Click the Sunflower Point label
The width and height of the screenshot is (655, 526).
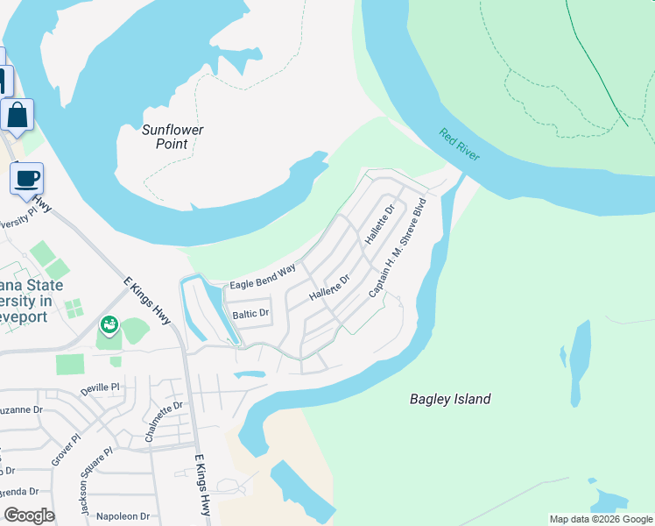173,137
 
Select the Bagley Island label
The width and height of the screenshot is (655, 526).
450,399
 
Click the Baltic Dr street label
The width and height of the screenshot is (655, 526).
250,313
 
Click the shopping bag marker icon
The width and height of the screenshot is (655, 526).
18,115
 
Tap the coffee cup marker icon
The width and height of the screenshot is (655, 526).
26,179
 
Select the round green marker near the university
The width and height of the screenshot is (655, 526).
109,326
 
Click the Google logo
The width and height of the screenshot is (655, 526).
29,515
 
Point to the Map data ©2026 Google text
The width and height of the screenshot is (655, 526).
601,519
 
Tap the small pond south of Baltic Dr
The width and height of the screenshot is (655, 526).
250,375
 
